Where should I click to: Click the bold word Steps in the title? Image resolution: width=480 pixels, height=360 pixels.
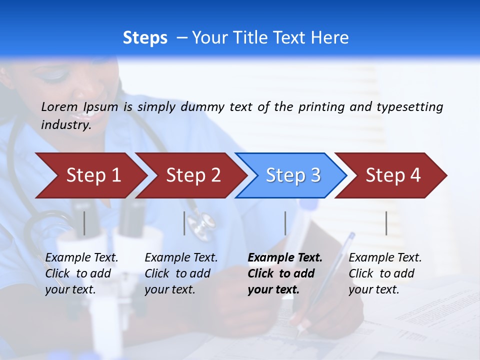click(145, 38)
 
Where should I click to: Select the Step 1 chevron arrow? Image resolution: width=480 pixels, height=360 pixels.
click(92, 175)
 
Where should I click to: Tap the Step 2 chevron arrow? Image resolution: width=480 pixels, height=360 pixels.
click(192, 175)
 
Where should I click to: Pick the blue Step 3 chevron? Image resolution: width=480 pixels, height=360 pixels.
click(292, 175)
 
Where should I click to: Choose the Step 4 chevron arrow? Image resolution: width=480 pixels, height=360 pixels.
click(392, 175)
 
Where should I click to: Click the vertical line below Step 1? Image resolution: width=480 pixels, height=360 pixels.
click(84, 223)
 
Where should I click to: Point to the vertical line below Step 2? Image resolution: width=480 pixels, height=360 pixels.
click(184, 223)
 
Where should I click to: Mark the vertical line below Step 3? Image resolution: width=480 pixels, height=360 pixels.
click(285, 223)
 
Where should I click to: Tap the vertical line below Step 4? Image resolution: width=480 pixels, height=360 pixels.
click(386, 223)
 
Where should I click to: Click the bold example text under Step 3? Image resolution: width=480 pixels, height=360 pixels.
click(284, 273)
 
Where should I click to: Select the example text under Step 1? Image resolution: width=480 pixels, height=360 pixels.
click(81, 273)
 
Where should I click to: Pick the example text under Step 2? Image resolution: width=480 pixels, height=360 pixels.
click(181, 273)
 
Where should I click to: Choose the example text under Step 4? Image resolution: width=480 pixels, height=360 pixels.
click(385, 273)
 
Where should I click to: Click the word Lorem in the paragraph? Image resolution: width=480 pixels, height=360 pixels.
click(60, 107)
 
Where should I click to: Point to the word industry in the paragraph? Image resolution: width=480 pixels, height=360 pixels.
click(65, 125)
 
